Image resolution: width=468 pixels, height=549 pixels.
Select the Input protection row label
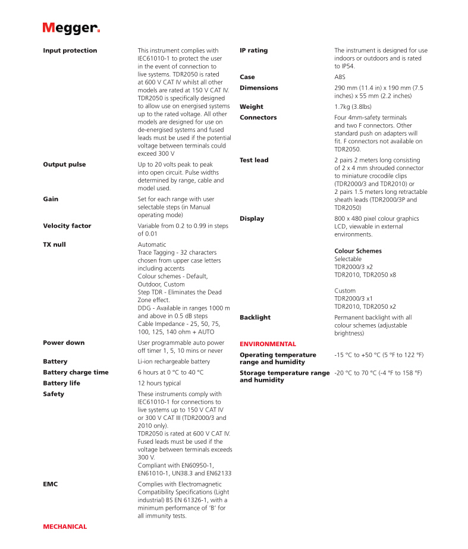point(70,51)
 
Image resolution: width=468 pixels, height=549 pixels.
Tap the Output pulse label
point(64,164)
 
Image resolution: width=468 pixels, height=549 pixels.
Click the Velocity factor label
point(67,226)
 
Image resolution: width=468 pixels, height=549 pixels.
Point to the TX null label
point(54,244)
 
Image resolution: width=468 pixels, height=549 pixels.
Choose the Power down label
point(64,343)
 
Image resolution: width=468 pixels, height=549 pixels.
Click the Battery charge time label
point(76,372)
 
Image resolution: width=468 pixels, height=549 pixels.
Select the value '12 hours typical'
point(159,383)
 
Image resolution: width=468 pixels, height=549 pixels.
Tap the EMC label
point(50,484)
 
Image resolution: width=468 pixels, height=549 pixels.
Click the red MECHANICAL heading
point(65,526)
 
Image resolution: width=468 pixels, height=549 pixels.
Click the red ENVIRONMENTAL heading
point(268,344)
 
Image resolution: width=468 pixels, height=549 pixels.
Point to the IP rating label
point(253,51)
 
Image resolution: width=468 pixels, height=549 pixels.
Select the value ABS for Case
point(340,77)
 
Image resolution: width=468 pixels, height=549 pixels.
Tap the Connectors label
point(258,117)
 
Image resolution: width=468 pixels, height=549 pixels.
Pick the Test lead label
point(254,160)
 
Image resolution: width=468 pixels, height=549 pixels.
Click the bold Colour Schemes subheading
point(358,251)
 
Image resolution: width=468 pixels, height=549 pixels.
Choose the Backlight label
point(255,318)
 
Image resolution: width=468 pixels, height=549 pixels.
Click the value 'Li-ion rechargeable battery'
point(174,362)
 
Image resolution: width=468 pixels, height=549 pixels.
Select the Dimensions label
point(259,87)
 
